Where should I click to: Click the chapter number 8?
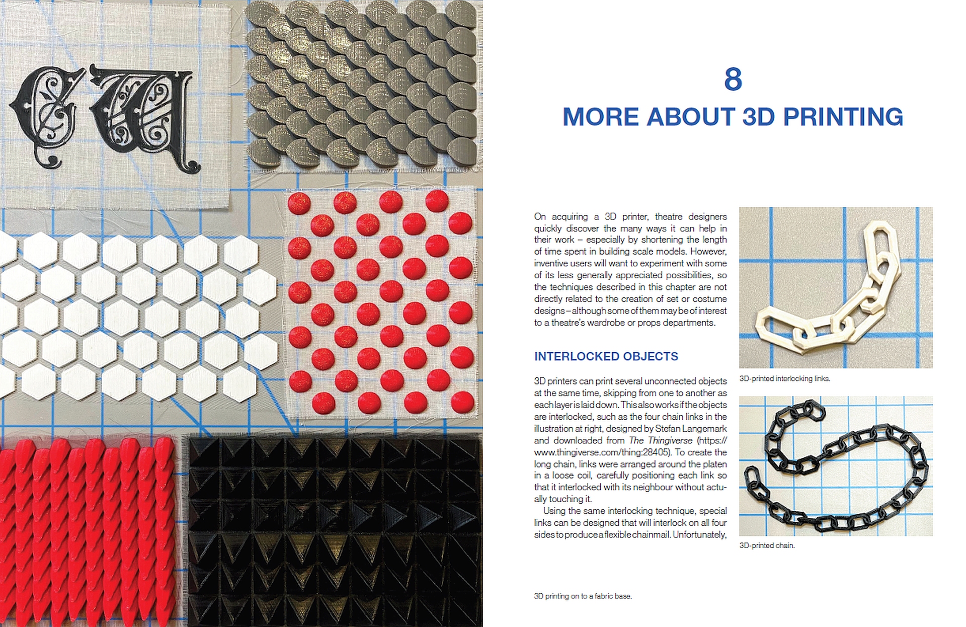[x=733, y=79]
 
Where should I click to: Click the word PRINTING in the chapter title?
[x=843, y=117]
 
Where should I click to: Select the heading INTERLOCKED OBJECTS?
[x=606, y=356]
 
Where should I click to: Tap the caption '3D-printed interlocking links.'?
[x=784, y=378]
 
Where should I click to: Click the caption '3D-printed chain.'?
[x=767, y=545]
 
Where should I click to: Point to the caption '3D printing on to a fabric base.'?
[x=583, y=596]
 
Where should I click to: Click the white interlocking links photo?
[x=836, y=287]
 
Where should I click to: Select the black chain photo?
[x=836, y=466]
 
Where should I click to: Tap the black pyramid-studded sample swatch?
[x=334, y=531]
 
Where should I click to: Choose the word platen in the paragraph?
[x=715, y=464]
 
